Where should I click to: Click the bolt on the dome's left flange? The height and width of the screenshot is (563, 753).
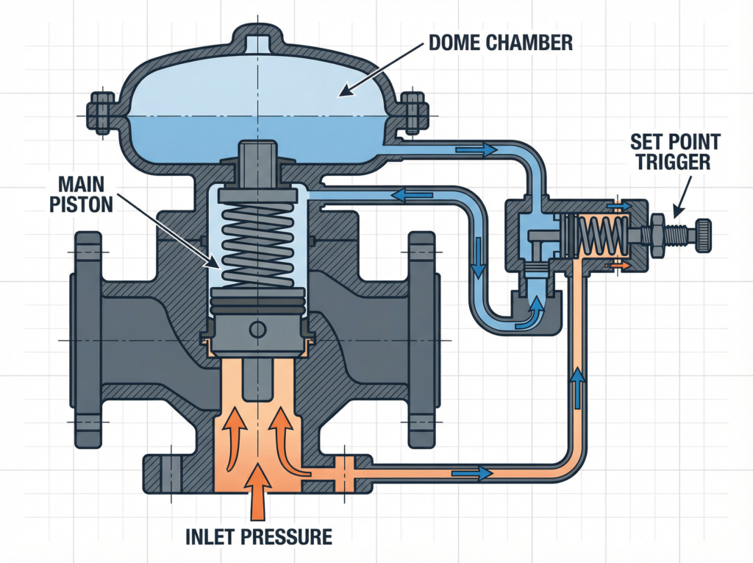coord(99,114)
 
